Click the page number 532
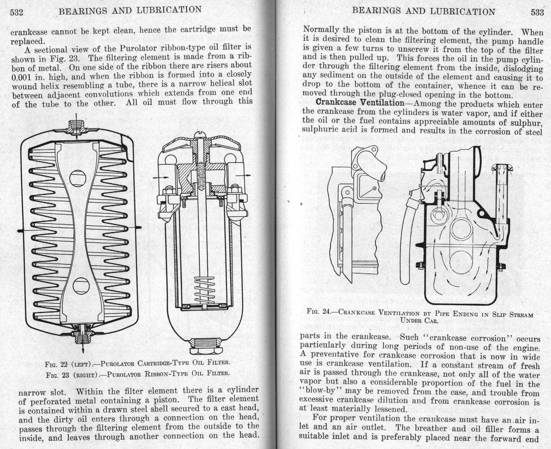[x=17, y=13]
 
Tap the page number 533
[x=537, y=12]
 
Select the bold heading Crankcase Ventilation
[x=360, y=103]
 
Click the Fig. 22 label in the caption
[x=57, y=365]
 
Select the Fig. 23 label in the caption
[x=57, y=375]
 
